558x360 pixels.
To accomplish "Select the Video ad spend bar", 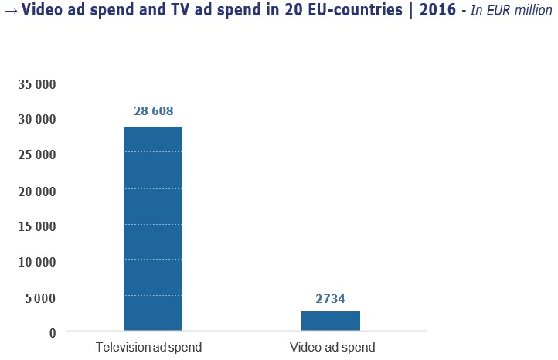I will pos(331,321).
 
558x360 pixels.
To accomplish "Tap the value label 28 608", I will pos(153,111).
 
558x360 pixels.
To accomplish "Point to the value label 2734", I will pos(331,297).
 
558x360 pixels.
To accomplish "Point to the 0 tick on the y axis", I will pos(53,333).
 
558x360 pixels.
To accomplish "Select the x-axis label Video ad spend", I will pos(332,348).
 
